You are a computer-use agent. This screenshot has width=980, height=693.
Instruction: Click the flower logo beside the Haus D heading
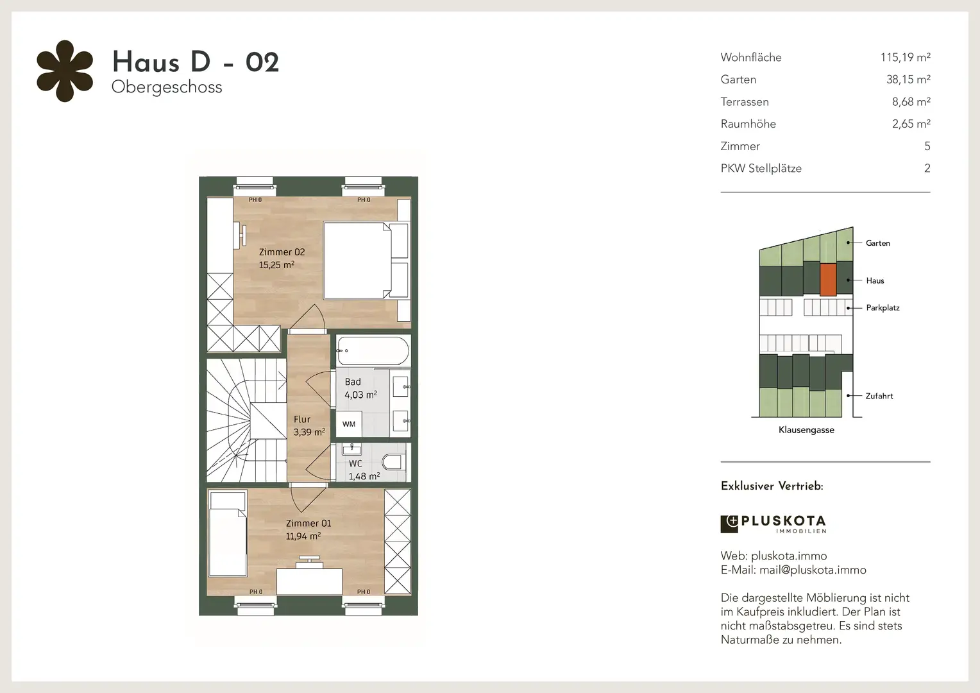65,71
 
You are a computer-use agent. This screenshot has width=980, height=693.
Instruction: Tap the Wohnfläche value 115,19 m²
905,57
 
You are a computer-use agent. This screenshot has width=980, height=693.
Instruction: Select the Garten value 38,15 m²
908,79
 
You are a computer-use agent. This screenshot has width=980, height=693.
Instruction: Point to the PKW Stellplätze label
761,169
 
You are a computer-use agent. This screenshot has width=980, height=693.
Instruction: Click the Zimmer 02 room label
282,252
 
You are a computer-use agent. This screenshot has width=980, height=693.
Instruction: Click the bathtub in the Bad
373,350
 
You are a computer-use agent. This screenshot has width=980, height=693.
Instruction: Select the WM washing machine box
349,424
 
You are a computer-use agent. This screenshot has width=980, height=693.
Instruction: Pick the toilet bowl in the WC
393,462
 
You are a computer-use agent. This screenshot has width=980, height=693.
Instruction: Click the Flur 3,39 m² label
309,426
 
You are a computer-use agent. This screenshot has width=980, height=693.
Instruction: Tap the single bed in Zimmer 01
228,533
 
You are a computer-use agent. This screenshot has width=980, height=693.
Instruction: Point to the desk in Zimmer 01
309,581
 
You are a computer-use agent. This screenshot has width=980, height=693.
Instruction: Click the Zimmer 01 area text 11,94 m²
303,536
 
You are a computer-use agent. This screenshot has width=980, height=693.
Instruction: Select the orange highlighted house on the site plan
828,280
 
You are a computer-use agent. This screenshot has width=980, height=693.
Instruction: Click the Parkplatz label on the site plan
883,308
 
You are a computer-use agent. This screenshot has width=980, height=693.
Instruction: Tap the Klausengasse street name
806,430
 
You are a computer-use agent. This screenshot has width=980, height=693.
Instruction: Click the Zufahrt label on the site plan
879,396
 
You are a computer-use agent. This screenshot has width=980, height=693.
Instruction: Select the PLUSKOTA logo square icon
729,524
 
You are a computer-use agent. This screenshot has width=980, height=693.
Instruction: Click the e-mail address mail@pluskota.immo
813,570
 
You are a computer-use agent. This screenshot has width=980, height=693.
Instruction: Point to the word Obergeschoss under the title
167,87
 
